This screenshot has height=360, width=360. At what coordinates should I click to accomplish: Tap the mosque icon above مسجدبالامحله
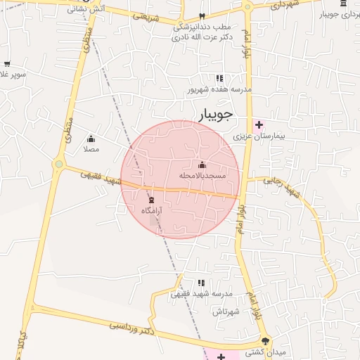tap(202, 165)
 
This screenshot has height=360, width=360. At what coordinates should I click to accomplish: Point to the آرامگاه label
tap(151, 210)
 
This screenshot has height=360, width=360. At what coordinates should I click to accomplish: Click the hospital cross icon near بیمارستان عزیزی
tap(259, 124)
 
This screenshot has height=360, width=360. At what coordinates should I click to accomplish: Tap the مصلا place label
tap(91, 149)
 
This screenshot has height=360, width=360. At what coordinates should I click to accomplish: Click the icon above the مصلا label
tap(91, 139)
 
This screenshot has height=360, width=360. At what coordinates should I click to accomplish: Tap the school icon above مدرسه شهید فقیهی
tap(202, 283)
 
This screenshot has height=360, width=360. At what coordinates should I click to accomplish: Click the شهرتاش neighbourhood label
tap(227, 311)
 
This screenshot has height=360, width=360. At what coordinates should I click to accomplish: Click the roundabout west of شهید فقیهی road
tap(58, 165)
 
